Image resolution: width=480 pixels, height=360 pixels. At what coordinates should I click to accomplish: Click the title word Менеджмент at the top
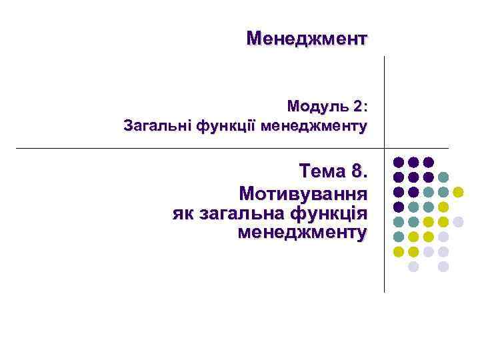(307, 38)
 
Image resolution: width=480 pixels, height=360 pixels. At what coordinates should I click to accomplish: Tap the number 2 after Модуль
(359, 106)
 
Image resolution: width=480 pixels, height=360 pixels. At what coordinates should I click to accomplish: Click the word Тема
(322, 172)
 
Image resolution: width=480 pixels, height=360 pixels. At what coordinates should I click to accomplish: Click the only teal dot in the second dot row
(443, 177)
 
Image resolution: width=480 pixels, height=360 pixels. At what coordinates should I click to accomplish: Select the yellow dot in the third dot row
(458, 192)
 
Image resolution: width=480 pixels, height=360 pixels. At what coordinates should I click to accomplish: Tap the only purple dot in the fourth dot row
(398, 207)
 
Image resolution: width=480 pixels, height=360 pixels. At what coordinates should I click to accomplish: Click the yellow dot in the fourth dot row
(443, 207)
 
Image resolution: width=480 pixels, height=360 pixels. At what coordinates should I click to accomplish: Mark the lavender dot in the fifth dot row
(458, 221)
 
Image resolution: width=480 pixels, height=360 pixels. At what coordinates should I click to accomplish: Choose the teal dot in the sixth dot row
(398, 237)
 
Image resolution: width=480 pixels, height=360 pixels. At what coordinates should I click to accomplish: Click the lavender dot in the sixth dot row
(443, 237)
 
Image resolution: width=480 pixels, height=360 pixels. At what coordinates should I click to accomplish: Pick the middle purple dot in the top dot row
(413, 162)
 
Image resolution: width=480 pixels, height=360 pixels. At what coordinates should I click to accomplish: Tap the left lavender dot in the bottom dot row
(413, 266)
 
